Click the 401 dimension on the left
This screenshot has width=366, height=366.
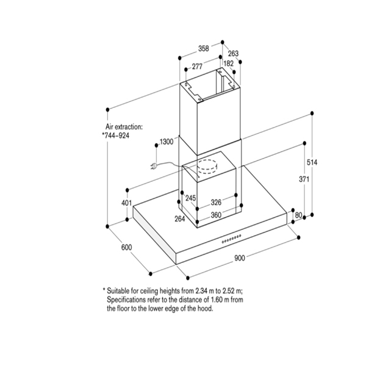[x=127, y=203]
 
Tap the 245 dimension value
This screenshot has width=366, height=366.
[x=190, y=198]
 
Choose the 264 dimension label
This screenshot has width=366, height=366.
[x=181, y=218]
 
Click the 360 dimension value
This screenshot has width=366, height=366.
[x=215, y=215]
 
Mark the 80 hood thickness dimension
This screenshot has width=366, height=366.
[x=299, y=215]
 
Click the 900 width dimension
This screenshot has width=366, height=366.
[x=239, y=258]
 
